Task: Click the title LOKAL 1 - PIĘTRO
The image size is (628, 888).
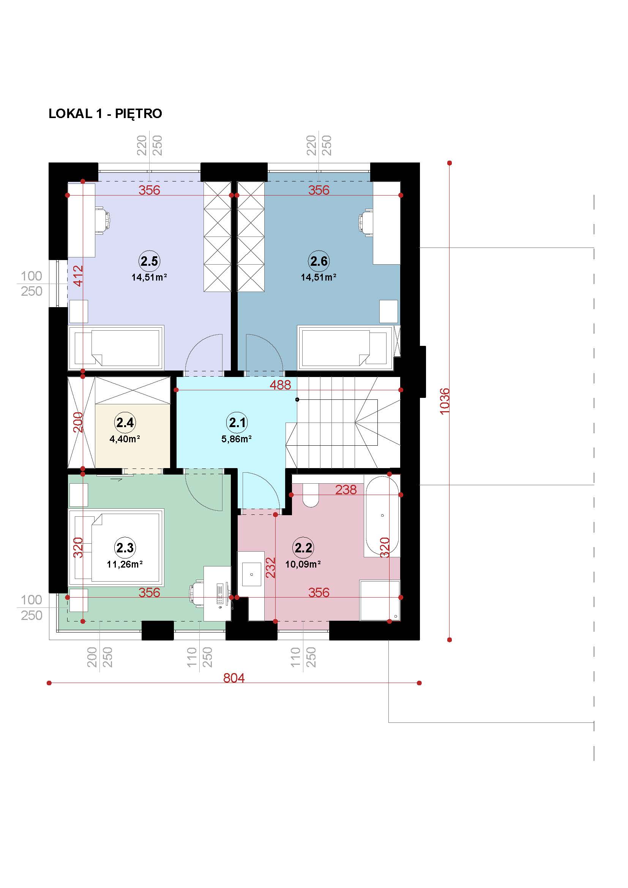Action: (105, 114)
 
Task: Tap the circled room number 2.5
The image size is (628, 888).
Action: (149, 261)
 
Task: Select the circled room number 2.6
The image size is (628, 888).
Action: (319, 261)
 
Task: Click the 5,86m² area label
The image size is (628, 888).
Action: (237, 439)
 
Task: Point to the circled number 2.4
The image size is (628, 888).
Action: (125, 422)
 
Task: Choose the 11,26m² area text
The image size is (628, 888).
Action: (125, 564)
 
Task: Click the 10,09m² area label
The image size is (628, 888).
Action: (303, 564)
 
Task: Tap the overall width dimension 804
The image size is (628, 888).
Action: (234, 678)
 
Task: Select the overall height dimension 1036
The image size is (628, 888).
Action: (445, 401)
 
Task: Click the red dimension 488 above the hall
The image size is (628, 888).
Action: (280, 385)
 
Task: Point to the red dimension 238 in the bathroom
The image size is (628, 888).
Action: (346, 490)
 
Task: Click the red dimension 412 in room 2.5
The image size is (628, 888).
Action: (78, 275)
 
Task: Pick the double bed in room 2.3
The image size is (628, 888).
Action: (116, 547)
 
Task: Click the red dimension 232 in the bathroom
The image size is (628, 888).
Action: (271, 567)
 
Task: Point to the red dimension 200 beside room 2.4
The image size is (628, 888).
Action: (78, 422)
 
